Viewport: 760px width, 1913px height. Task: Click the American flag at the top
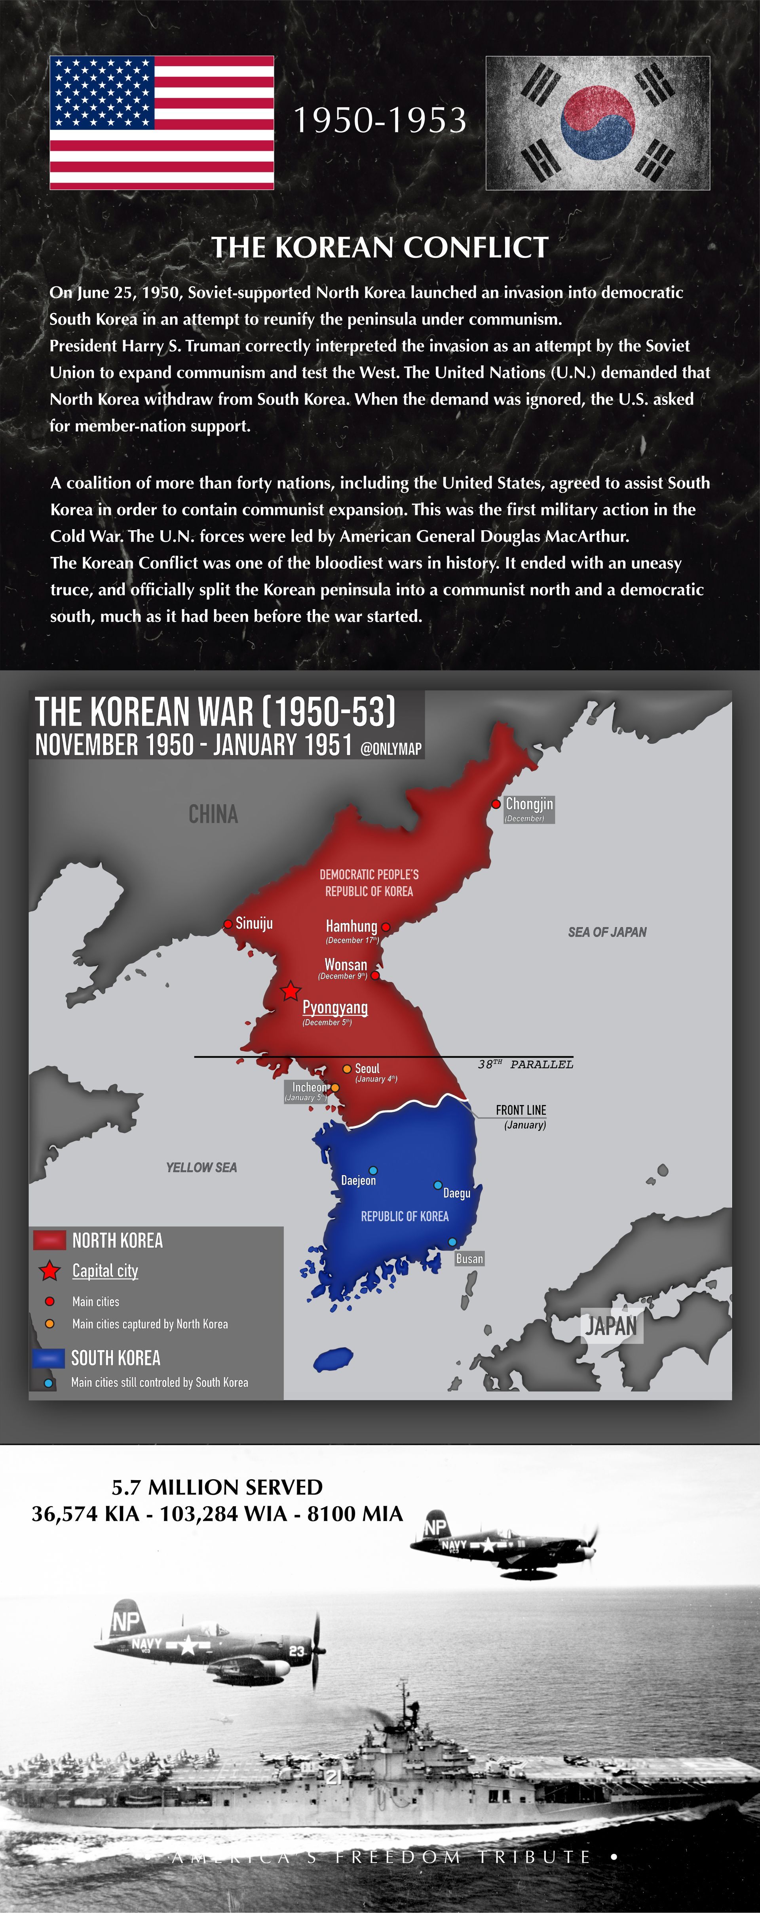[x=162, y=122]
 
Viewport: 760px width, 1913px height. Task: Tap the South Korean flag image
[x=597, y=122]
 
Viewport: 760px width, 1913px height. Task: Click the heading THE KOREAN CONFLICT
[x=380, y=247]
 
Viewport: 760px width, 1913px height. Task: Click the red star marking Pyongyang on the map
[x=290, y=991]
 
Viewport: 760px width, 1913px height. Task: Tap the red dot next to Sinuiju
[x=228, y=924]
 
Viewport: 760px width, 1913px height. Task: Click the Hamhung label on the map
[x=351, y=926]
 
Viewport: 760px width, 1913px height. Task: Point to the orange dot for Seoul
[x=347, y=1069]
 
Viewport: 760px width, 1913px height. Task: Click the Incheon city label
[x=309, y=1087]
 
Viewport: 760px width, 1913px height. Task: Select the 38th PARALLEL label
[x=526, y=1064]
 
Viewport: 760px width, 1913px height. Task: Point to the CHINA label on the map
[x=213, y=815]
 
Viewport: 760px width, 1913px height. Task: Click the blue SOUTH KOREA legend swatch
[x=48, y=1358]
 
